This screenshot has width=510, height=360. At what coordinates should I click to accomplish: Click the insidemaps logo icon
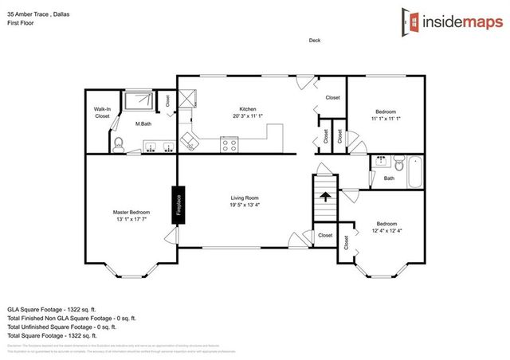coord(410,22)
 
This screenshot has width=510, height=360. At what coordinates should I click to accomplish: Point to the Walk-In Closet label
coord(102,113)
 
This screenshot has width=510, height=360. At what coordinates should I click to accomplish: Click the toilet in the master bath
coord(118,143)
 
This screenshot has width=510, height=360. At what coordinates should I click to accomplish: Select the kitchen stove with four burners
coord(229,145)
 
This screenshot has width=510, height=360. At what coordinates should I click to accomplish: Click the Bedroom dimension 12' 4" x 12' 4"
coord(386,231)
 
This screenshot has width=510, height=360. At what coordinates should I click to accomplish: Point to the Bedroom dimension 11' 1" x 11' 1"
coord(386,118)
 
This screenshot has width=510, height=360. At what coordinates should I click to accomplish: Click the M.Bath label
coord(143,123)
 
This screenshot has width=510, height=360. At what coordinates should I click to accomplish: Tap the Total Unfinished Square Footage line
coord(62,326)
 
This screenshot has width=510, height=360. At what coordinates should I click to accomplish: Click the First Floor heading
coord(20,23)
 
